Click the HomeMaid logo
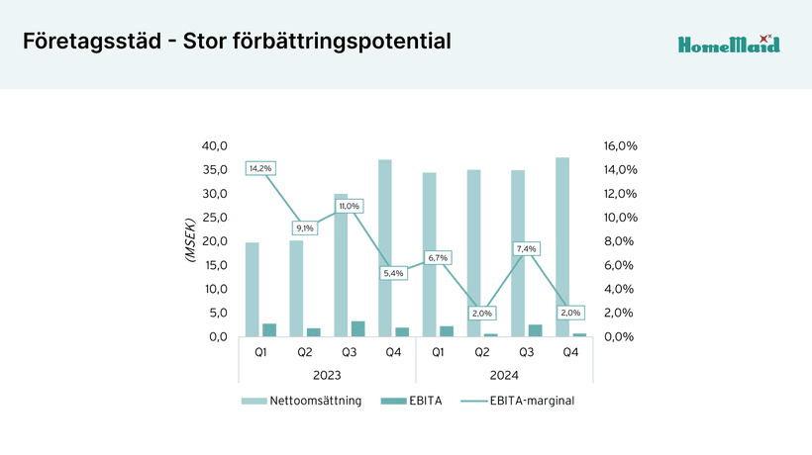pos(729,44)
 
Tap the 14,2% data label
pos(260,168)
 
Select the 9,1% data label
pos(304,228)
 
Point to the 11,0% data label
pos(349,206)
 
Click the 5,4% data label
pos(393,273)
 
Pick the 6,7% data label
pos(437,257)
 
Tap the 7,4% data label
pos(526,248)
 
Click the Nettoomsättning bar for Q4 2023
pos(385,247)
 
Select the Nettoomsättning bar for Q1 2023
pos(253,289)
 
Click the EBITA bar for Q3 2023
pos(358,328)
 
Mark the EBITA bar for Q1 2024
pos(447,331)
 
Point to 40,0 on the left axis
pos(215,145)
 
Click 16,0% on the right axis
pos(619,145)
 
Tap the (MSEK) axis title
pos(190,241)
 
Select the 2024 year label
pos(504,375)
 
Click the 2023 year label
pos(327,375)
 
